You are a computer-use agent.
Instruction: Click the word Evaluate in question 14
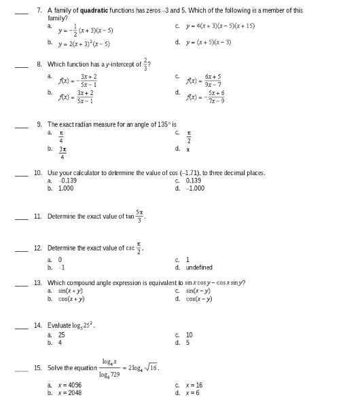coord(60,325)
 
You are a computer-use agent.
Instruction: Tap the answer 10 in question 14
coord(190,334)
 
